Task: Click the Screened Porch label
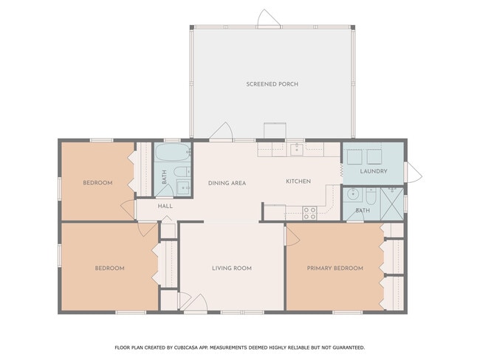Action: pyautogui.click(x=272, y=84)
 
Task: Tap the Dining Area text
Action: pyautogui.click(x=227, y=183)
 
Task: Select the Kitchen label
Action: pyautogui.click(x=298, y=181)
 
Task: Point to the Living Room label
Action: pyautogui.click(x=232, y=269)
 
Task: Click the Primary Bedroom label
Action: pyautogui.click(x=335, y=269)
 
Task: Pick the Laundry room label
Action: pyautogui.click(x=374, y=171)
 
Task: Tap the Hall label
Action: pyautogui.click(x=165, y=206)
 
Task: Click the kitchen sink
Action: pyautogui.click(x=297, y=149)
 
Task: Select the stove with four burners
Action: pyautogui.click(x=309, y=213)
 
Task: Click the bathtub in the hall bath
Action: pyautogui.click(x=172, y=152)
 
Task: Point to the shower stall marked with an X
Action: pyautogui.click(x=392, y=204)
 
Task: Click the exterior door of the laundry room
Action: pyautogui.click(x=413, y=173)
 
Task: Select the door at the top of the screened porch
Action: pyautogui.click(x=268, y=18)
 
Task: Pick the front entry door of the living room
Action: pyautogui.click(x=196, y=302)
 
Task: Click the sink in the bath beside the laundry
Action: pyautogui.click(x=353, y=195)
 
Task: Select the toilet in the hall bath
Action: pyautogui.click(x=182, y=172)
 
